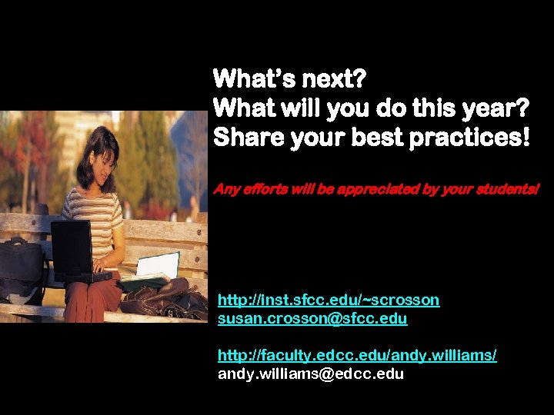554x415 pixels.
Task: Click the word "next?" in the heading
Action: (x=329, y=78)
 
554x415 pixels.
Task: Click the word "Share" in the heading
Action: (x=244, y=138)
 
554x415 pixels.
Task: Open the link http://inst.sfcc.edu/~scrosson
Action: (x=329, y=300)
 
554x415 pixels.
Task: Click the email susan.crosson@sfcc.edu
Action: (x=312, y=317)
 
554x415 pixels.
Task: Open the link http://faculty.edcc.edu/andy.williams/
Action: (x=357, y=355)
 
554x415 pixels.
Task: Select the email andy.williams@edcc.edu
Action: (x=311, y=374)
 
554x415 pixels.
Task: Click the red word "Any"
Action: (x=225, y=188)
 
